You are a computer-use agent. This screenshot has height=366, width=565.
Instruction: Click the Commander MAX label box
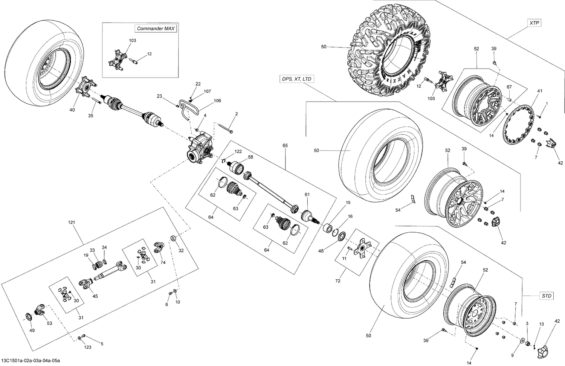[156, 29]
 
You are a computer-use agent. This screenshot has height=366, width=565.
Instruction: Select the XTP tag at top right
[534, 23]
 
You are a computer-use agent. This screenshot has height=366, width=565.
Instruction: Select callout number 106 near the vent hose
[217, 101]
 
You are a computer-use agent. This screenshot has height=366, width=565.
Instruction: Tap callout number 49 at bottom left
[32, 331]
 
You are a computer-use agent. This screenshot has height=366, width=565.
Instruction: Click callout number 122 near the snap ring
[238, 151]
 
